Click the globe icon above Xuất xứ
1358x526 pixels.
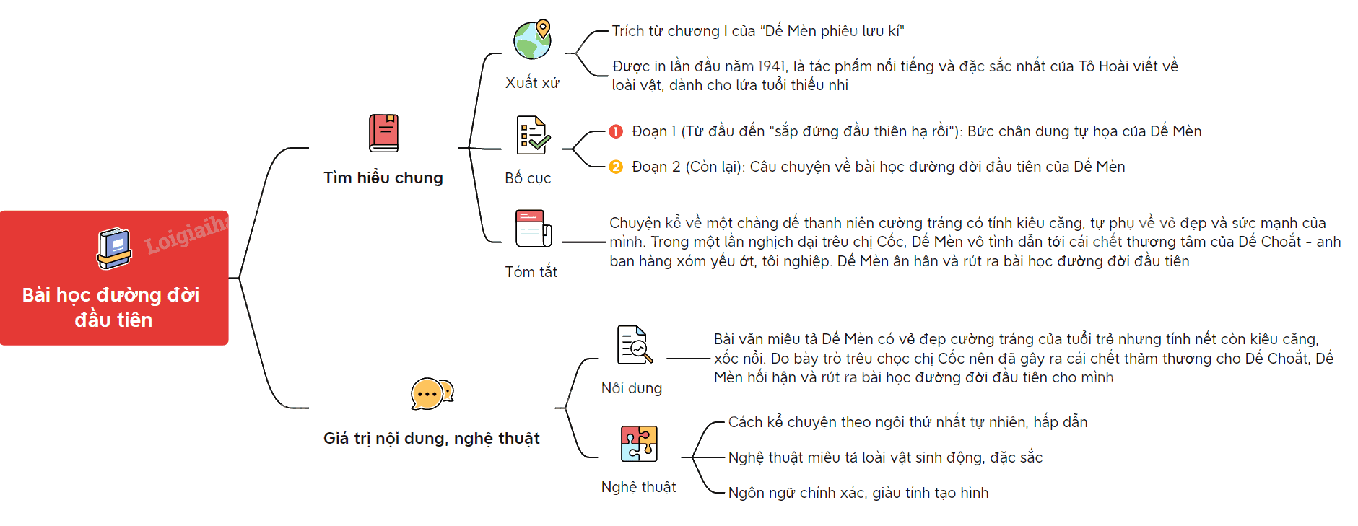pos(533,40)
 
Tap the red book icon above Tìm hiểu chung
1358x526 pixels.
pos(383,133)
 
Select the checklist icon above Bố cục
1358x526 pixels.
pos(533,135)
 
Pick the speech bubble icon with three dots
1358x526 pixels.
pos(432,394)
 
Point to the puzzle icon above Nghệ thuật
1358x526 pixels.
pos(639,444)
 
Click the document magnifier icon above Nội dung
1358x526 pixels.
pos(635,345)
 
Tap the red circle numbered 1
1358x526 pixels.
pos(616,131)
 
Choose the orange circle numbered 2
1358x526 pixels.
pos(616,167)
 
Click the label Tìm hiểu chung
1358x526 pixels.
pos(383,178)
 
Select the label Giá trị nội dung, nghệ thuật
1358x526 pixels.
pos(432,439)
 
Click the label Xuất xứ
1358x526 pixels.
pos(532,83)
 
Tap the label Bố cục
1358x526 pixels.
pos(528,178)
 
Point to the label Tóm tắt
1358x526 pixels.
pos(531,272)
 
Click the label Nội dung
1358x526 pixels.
pos(632,388)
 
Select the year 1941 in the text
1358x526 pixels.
pos(772,66)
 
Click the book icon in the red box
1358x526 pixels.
pos(114,249)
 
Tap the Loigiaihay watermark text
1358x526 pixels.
pos(186,234)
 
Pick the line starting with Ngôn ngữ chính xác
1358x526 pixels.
pos(858,493)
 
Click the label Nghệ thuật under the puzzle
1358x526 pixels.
pos(639,487)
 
